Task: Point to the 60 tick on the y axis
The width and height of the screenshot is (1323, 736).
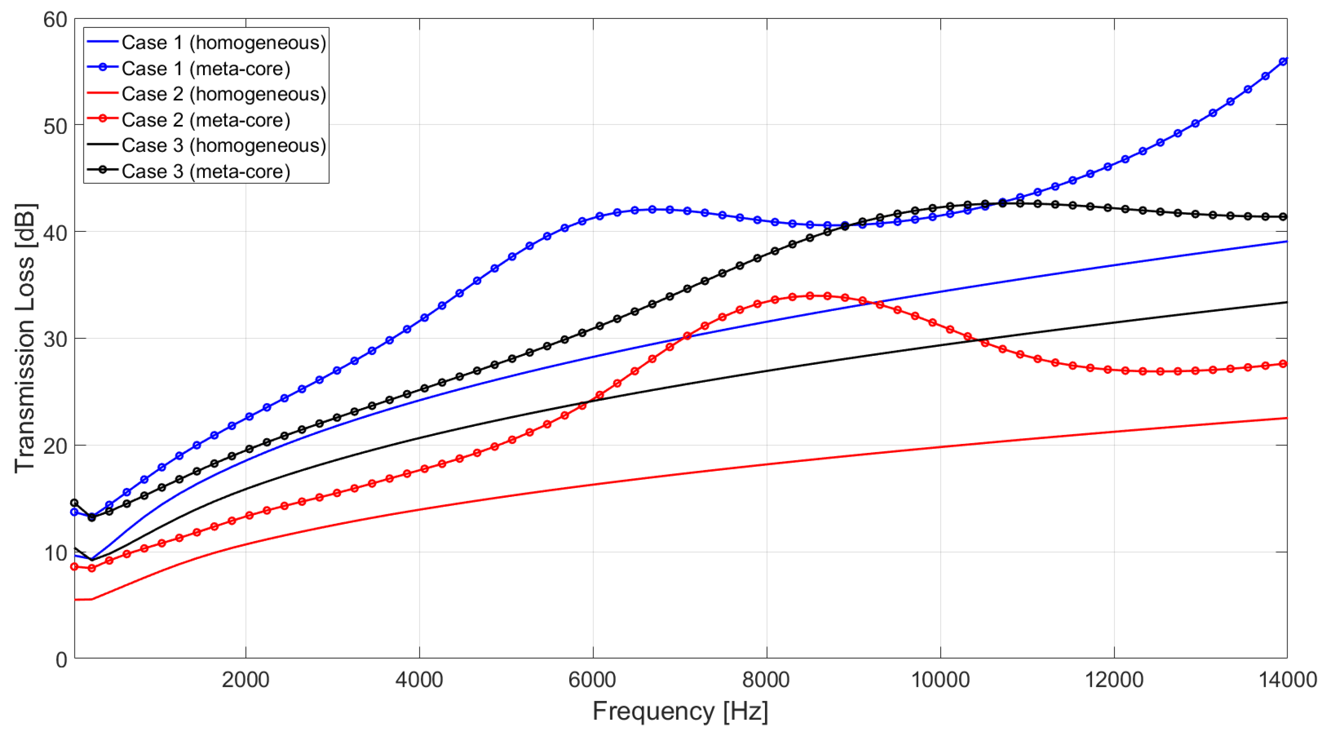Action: point(55,20)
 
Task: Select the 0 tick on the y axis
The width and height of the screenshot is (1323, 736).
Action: point(61,659)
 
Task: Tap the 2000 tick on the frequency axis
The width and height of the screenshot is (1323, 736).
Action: point(245,680)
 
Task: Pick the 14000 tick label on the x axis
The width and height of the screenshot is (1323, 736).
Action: point(1287,680)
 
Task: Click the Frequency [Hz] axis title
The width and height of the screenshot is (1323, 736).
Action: point(680,711)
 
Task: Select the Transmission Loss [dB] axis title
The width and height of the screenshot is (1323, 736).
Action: point(25,338)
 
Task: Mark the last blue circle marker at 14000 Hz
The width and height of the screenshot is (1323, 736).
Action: point(1282,62)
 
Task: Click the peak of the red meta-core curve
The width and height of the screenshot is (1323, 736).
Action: point(810,296)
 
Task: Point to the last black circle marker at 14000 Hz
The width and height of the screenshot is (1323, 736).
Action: point(1282,217)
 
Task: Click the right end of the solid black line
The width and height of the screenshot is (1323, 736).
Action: point(1287,302)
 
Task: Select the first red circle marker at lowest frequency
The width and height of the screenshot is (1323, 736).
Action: point(74,567)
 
